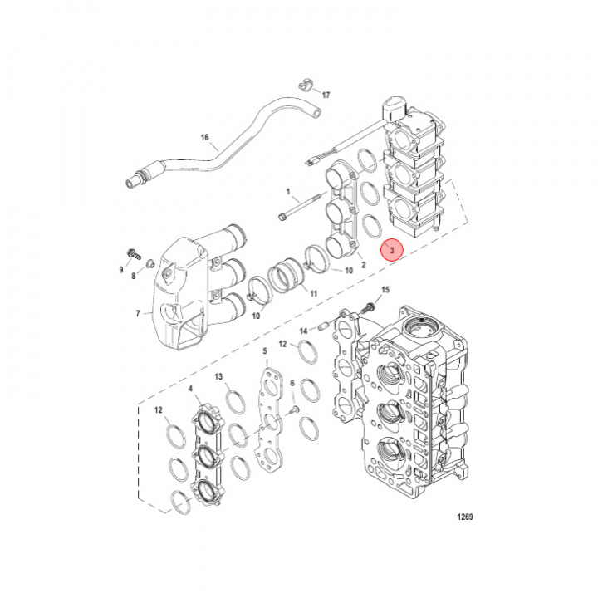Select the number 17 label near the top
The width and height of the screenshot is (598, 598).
click(325, 95)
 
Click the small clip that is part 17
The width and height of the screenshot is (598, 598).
click(304, 84)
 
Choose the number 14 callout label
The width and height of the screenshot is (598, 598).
click(302, 330)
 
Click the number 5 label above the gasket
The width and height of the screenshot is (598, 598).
click(265, 351)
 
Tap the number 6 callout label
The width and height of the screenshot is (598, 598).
click(292, 382)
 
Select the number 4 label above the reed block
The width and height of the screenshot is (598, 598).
click(192, 389)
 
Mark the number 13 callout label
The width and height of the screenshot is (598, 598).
click(218, 377)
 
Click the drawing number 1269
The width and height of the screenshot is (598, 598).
click(464, 517)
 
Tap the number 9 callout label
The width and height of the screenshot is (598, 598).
click(120, 270)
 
